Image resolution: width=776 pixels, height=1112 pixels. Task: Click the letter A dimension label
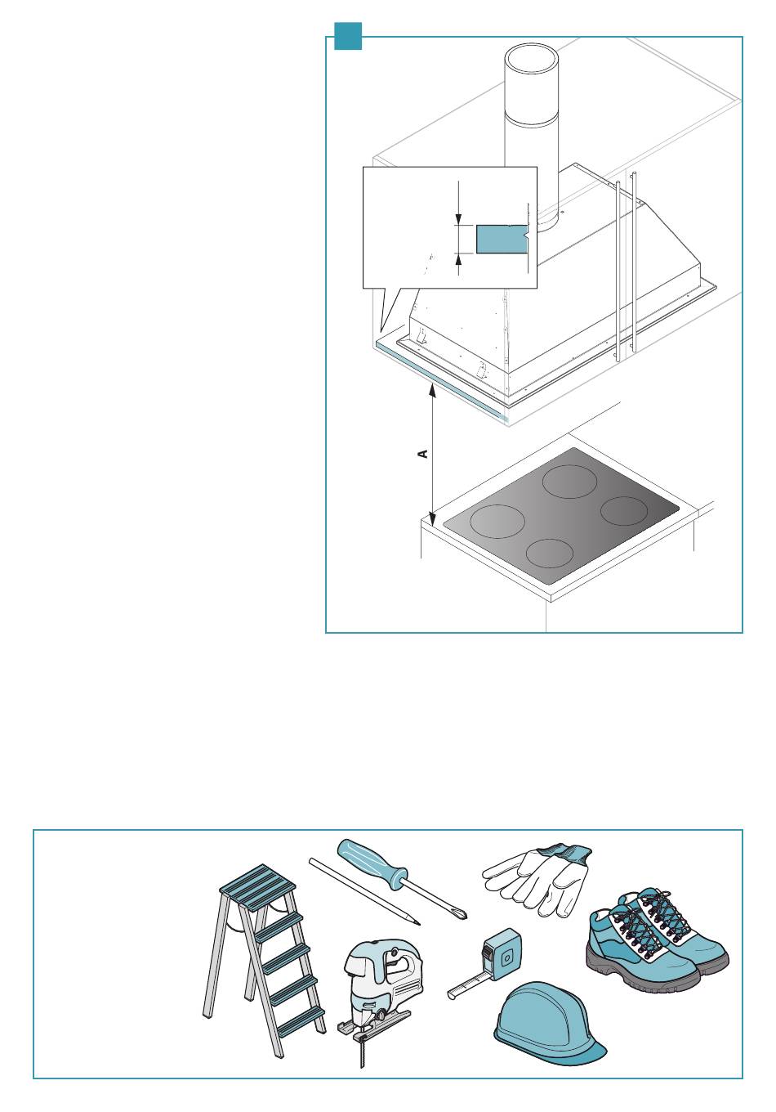tap(423, 453)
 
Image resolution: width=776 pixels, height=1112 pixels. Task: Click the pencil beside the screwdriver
tap(363, 891)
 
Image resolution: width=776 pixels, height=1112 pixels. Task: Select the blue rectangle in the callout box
tap(502, 240)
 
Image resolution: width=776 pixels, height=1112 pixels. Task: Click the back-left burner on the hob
tap(571, 481)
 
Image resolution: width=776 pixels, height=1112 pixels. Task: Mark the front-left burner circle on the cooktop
tap(497, 521)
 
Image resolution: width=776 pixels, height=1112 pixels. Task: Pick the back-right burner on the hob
tap(624, 511)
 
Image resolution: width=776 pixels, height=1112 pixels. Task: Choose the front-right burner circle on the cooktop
tap(551, 553)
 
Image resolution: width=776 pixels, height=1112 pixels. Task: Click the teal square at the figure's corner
tap(348, 36)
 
